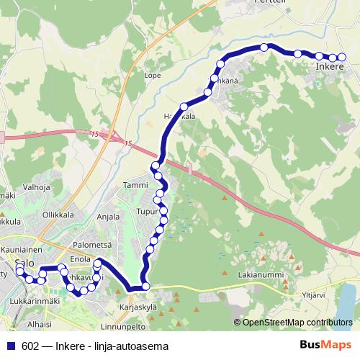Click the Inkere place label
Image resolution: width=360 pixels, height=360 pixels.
coord(330,68)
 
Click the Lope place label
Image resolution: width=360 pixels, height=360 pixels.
coord(152,74)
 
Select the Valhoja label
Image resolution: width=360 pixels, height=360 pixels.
coord(36,187)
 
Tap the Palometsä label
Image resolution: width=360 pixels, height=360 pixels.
coord(87,245)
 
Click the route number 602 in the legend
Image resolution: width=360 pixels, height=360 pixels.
coord(30,345)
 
